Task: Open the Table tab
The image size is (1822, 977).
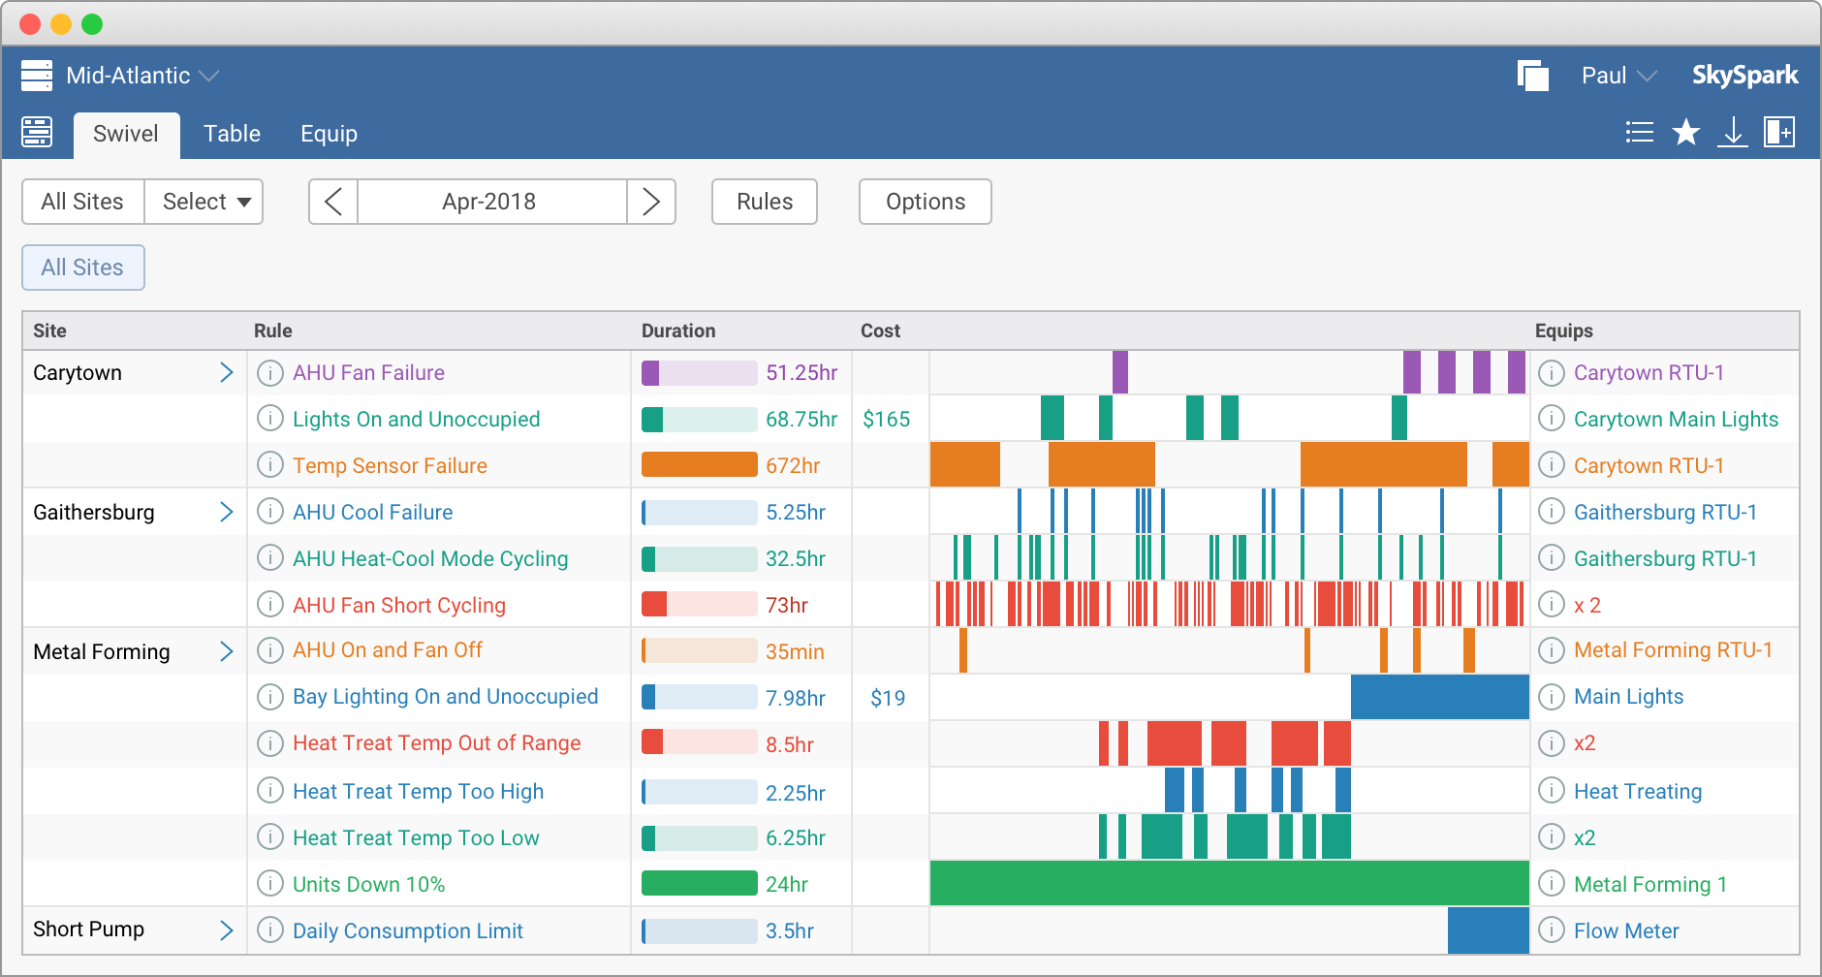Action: point(232,134)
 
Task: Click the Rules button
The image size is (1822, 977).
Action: point(764,202)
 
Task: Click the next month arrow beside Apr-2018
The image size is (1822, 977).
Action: point(651,202)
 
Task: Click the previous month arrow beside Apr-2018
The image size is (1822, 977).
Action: point(333,202)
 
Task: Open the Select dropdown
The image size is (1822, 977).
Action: point(204,202)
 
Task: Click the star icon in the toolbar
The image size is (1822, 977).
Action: point(1686,132)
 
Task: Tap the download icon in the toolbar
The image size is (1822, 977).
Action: point(1732,132)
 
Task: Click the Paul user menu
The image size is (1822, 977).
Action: point(1618,76)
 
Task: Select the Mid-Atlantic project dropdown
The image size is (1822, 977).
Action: point(141,76)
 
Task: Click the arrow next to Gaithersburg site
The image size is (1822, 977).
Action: point(226,512)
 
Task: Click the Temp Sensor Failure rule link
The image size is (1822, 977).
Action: point(390,465)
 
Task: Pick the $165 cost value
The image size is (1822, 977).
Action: point(886,419)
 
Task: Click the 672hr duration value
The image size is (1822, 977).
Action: point(793,465)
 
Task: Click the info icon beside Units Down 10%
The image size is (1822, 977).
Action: point(269,884)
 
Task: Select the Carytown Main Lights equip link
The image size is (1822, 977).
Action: point(1676,419)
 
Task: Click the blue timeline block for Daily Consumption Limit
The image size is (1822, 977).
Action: point(1488,930)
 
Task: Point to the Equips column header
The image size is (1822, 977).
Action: point(1563,331)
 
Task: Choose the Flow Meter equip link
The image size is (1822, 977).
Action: point(1625,930)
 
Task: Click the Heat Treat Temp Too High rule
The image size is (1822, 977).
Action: point(418,791)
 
